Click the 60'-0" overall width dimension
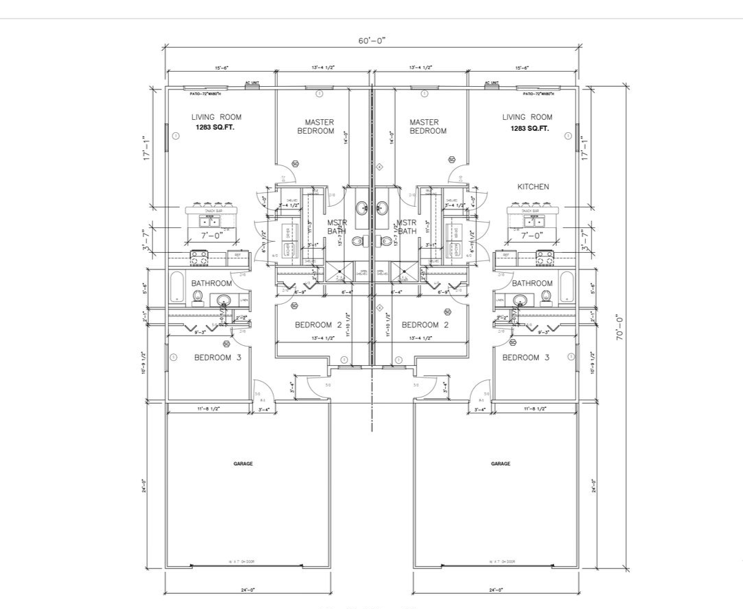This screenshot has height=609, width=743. (371, 40)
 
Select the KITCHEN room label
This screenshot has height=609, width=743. (533, 187)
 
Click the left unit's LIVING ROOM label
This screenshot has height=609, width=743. (216, 117)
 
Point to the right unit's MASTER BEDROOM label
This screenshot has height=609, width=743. (428, 127)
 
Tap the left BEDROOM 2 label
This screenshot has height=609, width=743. (318, 324)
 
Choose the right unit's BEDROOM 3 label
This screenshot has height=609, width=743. (525, 358)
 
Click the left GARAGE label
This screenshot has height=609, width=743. (243, 464)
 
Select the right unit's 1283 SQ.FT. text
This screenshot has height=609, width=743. (529, 128)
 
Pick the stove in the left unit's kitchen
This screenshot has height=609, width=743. (200, 258)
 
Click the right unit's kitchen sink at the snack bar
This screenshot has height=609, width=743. (533, 221)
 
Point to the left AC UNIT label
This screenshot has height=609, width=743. (252, 83)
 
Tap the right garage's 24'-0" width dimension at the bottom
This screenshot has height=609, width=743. (495, 590)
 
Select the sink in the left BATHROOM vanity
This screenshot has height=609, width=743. (222, 300)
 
